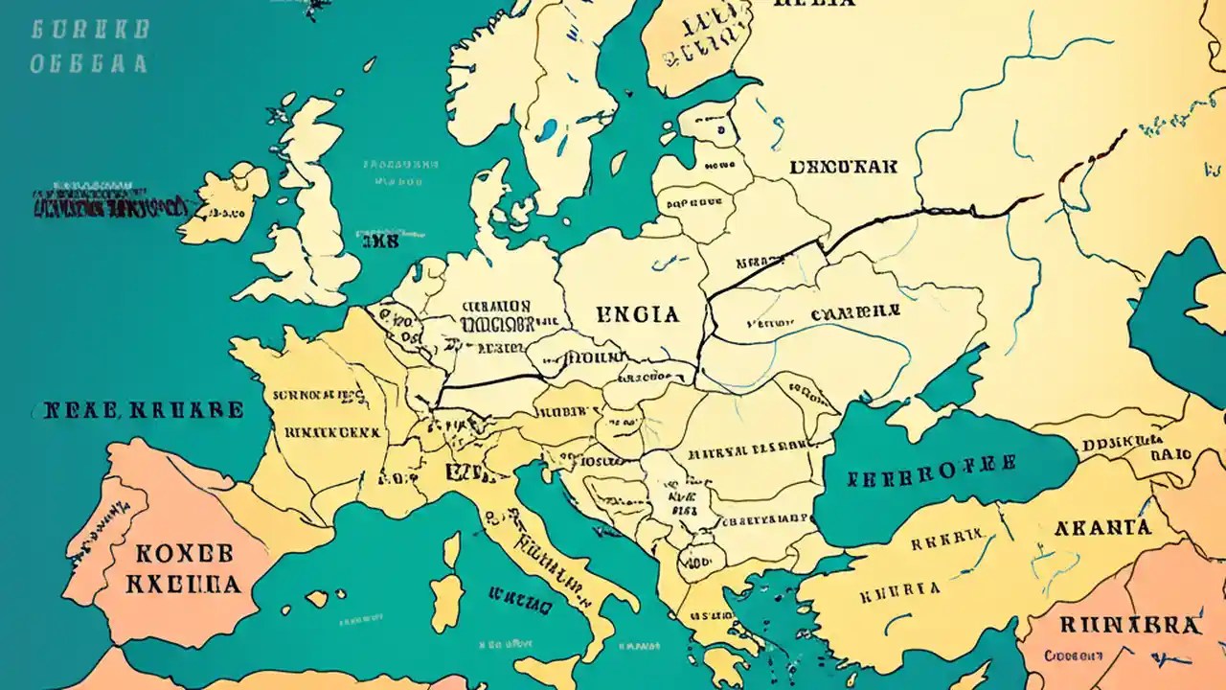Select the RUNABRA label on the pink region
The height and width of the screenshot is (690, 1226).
(x=1129, y=625)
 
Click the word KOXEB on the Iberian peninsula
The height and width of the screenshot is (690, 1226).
(x=184, y=555)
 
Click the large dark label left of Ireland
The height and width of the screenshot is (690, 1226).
(x=107, y=205)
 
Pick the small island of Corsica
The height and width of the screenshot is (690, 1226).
(x=451, y=549)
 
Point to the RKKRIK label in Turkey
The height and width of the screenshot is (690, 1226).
(x=946, y=542)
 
